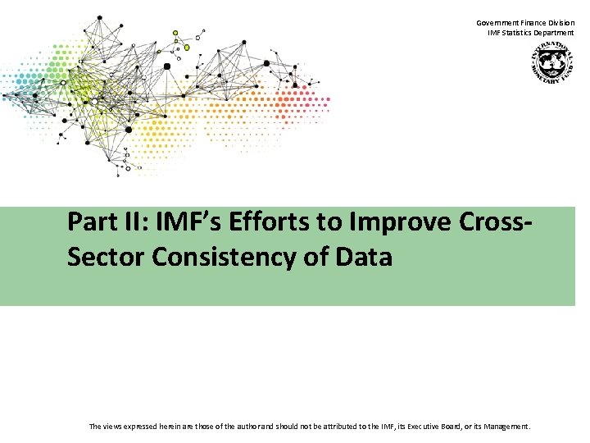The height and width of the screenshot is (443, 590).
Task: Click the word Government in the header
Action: pyautogui.click(x=496, y=23)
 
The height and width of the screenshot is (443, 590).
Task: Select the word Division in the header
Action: pyautogui.click(x=561, y=23)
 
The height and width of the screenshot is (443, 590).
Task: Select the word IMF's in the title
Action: pyautogui.click(x=177, y=222)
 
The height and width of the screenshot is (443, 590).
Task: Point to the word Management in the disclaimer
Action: pyautogui.click(x=507, y=427)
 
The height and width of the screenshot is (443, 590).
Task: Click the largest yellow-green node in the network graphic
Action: pyautogui.click(x=187, y=48)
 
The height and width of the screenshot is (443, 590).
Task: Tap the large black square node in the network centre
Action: pyautogui.click(x=167, y=66)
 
